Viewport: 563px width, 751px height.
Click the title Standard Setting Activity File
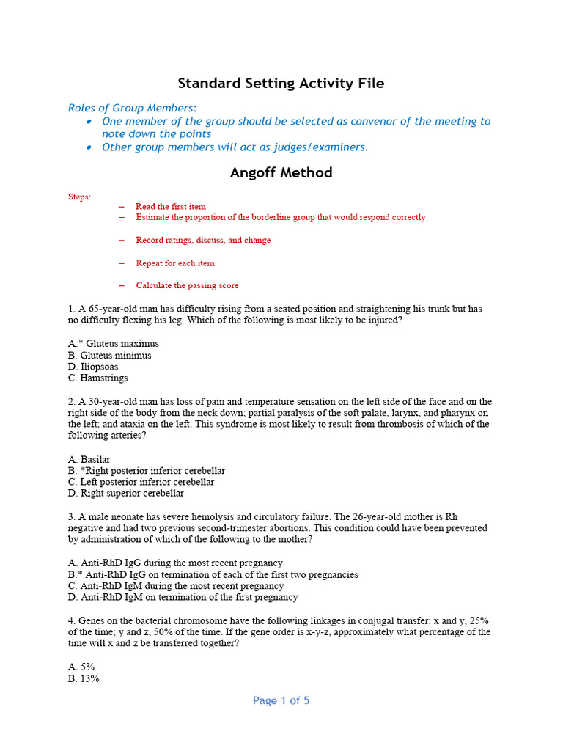281,84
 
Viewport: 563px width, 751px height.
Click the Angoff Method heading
281,173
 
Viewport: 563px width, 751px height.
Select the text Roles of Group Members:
133,108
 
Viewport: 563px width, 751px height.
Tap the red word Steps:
80,197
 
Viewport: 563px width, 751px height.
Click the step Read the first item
171,207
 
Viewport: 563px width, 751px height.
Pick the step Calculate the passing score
187,285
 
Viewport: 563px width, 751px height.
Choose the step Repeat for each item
175,263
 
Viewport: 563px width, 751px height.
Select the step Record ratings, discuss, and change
203,240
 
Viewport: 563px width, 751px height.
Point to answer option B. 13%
84,678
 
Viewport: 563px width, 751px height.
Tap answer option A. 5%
81,667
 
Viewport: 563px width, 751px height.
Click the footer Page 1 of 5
281,701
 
